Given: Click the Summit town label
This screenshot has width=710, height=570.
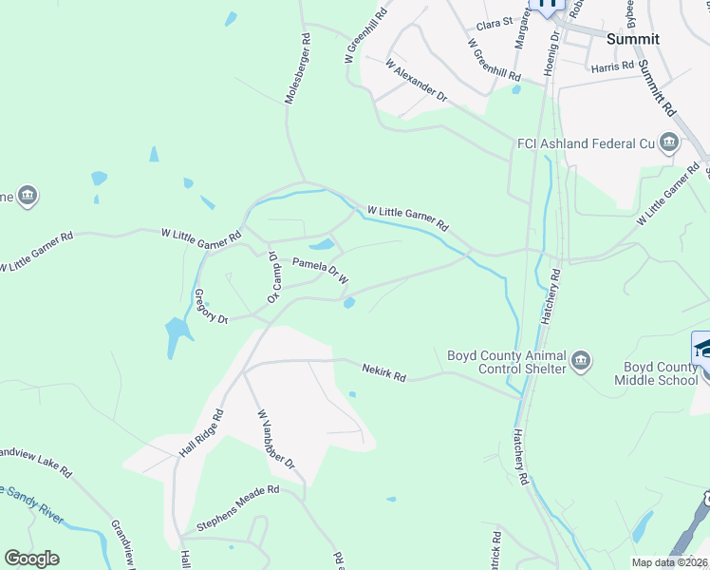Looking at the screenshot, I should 633,39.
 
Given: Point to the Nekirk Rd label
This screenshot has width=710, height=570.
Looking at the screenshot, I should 383,371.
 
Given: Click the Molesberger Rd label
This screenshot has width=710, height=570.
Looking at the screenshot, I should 296,69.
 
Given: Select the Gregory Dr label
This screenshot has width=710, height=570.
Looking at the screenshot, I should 211,308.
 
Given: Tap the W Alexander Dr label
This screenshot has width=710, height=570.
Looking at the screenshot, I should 416,81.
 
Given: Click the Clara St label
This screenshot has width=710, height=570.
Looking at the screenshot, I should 495,21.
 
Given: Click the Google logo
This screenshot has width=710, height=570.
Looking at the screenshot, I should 31,559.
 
